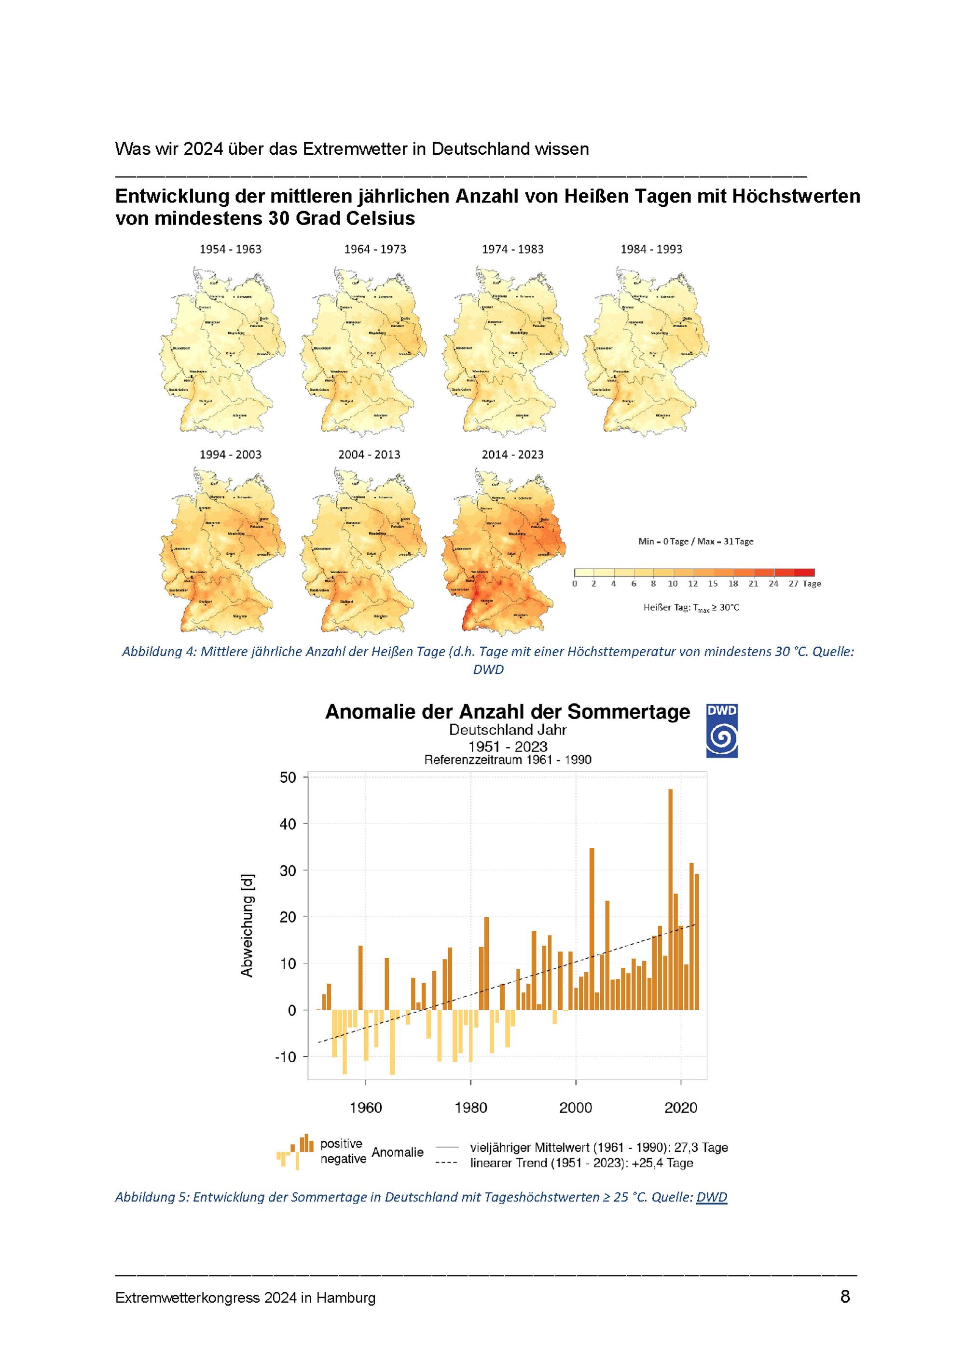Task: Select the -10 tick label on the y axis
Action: tap(285, 1057)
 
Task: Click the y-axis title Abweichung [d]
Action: tap(247, 925)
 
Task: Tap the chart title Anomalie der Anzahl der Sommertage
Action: tap(507, 712)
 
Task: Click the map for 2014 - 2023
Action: tap(504, 551)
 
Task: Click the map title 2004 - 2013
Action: tap(369, 455)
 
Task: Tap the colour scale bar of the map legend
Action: tap(694, 573)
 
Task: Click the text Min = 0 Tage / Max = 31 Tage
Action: tap(696, 541)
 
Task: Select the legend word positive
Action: tap(341, 1144)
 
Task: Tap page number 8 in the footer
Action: tap(845, 1296)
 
